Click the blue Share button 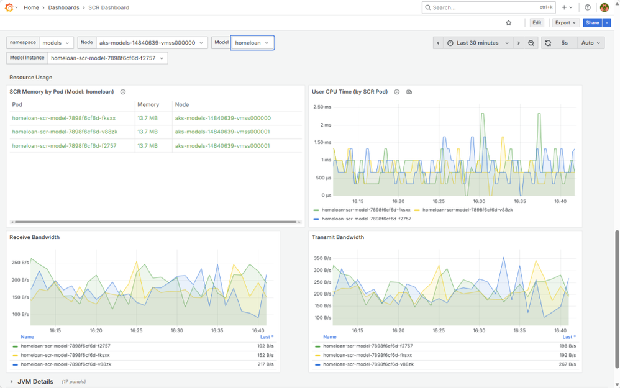592,23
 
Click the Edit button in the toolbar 537,23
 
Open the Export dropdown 565,23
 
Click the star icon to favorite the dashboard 509,23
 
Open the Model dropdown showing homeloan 252,43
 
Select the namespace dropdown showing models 56,43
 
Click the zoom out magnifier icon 531,43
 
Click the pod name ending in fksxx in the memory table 63,118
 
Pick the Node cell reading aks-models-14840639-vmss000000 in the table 223,118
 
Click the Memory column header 148,105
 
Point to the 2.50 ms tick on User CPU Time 322,107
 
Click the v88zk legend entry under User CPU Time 468,210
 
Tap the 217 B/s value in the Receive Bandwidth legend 265,364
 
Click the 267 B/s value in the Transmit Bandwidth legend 567,364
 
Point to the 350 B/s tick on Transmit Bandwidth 322,258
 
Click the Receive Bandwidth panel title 35,237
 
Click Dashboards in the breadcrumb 63,7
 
